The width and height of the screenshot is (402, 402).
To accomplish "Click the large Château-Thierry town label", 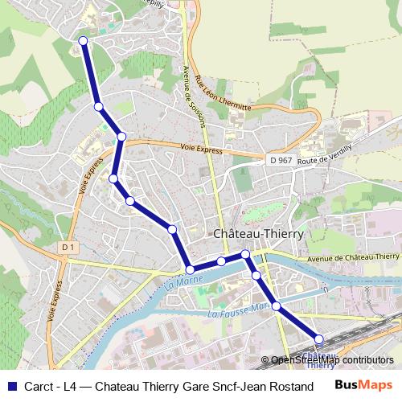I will coord(257,233).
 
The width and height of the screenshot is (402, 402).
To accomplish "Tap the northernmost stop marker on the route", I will coord(84,43).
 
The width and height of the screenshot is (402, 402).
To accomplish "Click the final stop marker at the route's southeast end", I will coord(318,340).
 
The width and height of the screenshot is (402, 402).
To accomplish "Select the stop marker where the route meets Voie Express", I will coord(121,137).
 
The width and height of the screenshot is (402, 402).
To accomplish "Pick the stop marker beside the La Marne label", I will coord(191,270).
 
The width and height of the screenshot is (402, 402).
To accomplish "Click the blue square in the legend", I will coord(10,384).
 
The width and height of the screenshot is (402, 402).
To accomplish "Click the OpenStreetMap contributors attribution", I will coord(332,360).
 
